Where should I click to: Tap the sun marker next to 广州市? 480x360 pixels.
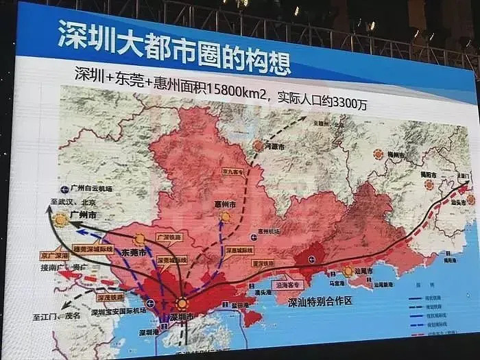[x=61, y=219]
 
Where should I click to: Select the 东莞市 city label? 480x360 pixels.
[x=134, y=253]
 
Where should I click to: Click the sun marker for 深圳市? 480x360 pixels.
[x=181, y=303]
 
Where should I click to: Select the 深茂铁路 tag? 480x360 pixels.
[x=110, y=297]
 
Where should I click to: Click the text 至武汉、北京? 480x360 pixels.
[x=72, y=204]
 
